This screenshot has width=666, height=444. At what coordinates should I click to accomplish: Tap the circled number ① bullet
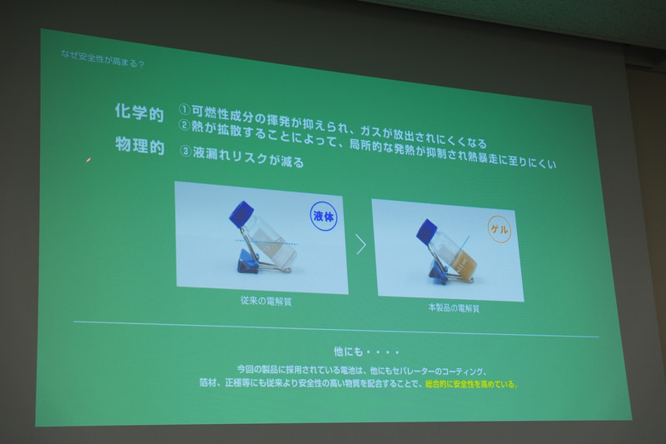(185, 110)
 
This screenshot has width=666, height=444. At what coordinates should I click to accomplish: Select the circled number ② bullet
(185, 127)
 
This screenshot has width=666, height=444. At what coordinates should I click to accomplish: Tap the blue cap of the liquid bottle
(241, 212)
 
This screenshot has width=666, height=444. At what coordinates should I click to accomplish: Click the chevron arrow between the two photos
(360, 244)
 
